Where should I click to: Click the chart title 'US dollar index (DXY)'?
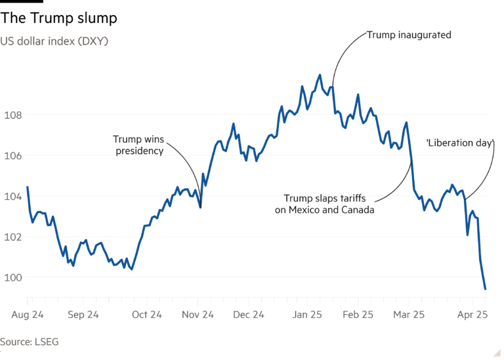pos(54,41)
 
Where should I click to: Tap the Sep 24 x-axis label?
pos(83,315)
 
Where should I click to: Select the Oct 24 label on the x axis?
pos(146,315)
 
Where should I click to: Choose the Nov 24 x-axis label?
pos(198,315)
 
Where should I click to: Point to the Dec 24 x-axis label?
pos(249,315)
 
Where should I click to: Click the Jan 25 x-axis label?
pos(306,315)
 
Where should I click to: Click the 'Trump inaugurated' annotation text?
pos(409,35)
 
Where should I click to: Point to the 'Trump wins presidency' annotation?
pos(138,145)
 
